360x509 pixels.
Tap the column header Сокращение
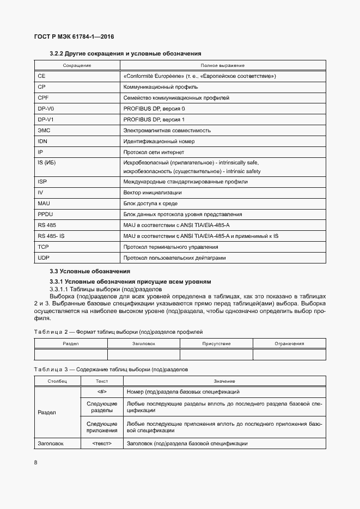77,65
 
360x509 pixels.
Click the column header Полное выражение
223,65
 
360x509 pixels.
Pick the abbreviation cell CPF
44,97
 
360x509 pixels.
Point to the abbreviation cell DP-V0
46,108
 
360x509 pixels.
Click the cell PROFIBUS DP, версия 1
154,119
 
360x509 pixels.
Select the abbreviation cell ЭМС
44,130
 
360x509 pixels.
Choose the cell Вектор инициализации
152,193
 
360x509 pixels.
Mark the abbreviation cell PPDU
45,214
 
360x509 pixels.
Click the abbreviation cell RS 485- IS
51,236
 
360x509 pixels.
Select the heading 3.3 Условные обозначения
90,271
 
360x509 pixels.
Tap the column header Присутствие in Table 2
216,344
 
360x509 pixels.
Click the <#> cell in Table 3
102,392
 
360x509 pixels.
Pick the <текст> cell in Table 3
102,444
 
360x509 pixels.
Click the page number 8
35,463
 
